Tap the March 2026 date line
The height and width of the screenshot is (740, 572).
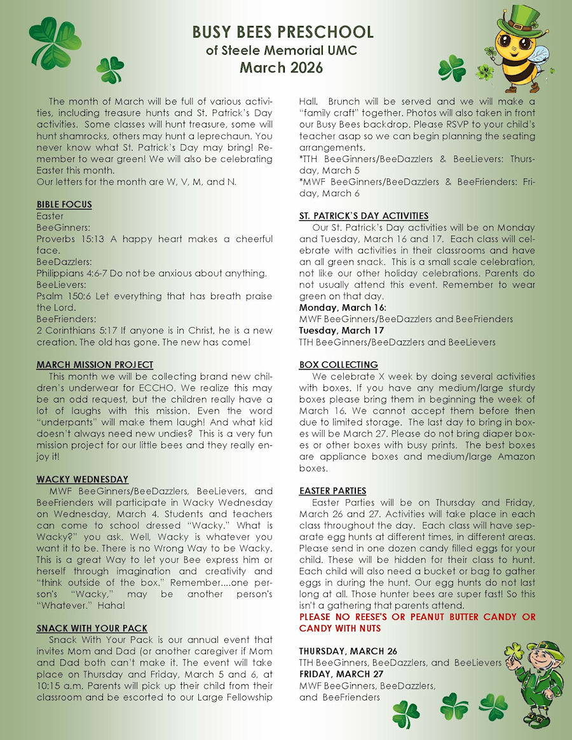[x=281, y=67]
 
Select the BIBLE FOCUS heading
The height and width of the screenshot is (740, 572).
[x=64, y=205]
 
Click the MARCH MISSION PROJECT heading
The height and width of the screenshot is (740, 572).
[x=95, y=365]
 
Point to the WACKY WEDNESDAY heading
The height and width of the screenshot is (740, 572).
[x=82, y=479]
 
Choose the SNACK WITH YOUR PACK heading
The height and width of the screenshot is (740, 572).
[x=92, y=628]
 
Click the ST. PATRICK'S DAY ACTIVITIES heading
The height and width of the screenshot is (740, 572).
[x=364, y=216]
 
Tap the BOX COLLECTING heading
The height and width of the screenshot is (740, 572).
[x=339, y=365]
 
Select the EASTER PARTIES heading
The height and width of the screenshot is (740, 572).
[x=332, y=490]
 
